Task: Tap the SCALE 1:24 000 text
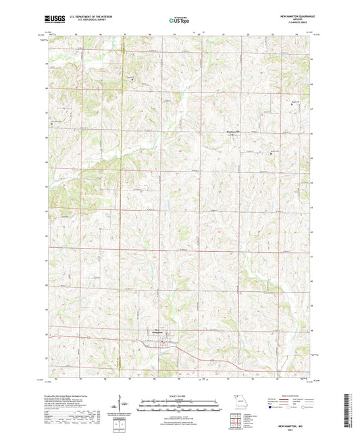pos(180,396)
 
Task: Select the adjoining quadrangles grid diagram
pos(236,422)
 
